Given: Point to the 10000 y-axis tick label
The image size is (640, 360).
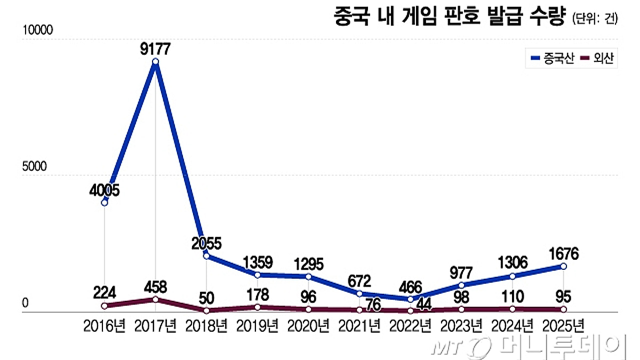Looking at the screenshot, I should tap(37, 30).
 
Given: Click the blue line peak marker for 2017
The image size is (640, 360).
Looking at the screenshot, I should tap(155, 62).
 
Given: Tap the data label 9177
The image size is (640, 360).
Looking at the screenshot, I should tap(155, 49).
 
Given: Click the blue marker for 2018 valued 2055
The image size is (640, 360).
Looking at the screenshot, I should tap(206, 256).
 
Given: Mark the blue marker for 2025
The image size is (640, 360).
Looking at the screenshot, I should tap(563, 266).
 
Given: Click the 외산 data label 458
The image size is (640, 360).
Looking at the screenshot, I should tap(155, 287).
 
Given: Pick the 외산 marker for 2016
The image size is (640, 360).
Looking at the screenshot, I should tap(105, 306).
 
